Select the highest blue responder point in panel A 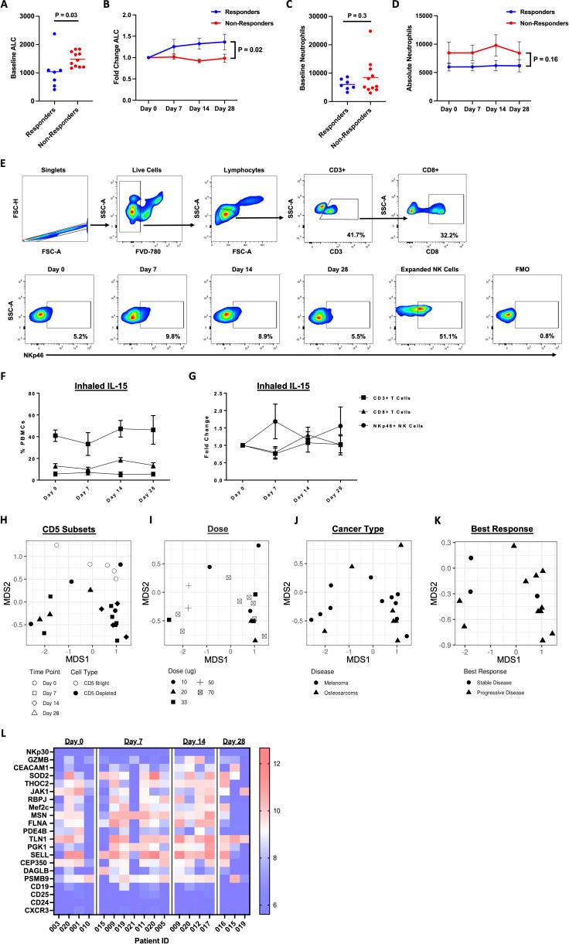tap(53, 34)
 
